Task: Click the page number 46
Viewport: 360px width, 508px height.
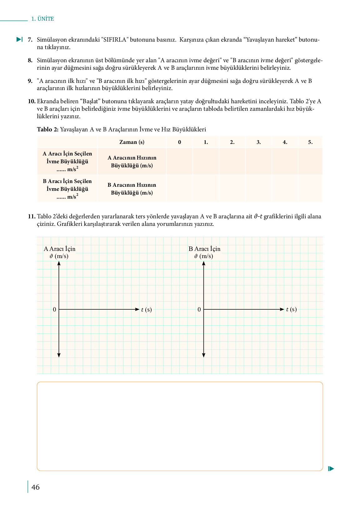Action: [x=36, y=487]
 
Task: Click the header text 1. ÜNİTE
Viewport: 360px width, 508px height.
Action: [x=42, y=19]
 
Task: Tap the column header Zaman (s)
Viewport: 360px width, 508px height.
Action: [x=132, y=142]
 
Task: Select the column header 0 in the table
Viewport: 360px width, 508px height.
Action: [x=179, y=142]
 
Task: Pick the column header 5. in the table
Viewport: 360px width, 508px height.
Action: [x=310, y=142]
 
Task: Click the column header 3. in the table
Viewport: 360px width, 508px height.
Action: [x=259, y=142]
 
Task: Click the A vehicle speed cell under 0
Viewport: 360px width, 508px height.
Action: [x=179, y=161]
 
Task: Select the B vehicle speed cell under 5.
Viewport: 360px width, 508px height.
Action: [x=310, y=189]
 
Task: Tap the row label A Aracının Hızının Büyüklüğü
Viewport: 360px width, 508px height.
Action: [x=132, y=162]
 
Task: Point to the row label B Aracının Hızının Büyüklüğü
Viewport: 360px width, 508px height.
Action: [x=132, y=189]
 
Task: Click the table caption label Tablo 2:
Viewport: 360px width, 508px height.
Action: [x=47, y=130]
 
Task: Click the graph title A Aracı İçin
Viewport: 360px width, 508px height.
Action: [x=60, y=249]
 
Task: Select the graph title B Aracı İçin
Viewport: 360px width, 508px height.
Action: [x=204, y=249]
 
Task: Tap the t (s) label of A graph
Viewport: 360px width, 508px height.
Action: [x=146, y=310]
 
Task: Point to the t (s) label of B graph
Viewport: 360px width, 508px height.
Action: [x=291, y=309]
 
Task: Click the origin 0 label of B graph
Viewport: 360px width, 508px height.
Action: [x=199, y=310]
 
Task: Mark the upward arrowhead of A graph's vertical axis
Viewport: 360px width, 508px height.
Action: [x=59, y=263]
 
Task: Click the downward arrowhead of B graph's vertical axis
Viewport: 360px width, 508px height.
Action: [x=204, y=355]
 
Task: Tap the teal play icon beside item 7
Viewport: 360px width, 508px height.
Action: [x=19, y=39]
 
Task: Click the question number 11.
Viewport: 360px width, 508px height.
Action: [x=32, y=216]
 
